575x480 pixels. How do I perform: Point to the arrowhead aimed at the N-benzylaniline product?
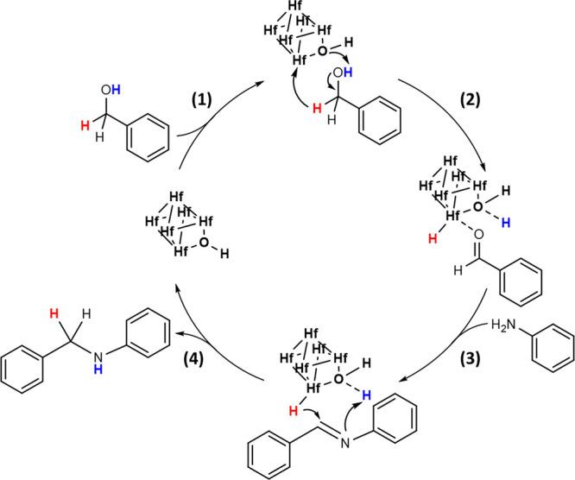180,332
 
